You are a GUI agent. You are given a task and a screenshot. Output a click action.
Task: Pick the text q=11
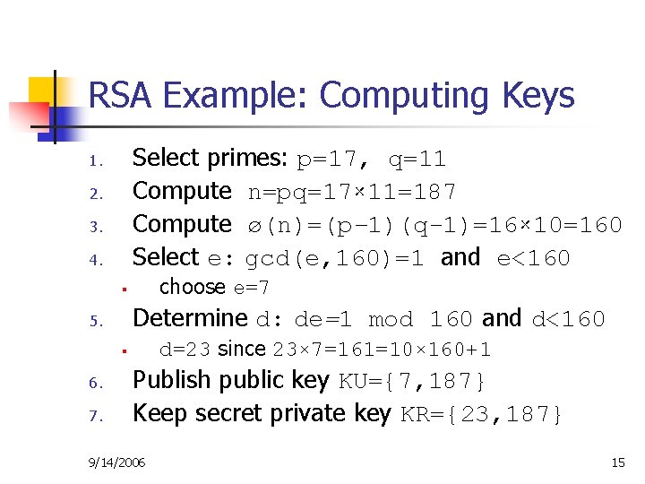click(417, 160)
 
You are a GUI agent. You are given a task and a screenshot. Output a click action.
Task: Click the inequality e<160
click(533, 258)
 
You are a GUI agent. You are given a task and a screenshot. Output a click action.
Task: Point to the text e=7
click(252, 288)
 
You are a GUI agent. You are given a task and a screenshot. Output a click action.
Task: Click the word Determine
click(189, 318)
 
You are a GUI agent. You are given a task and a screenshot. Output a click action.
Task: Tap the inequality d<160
click(569, 319)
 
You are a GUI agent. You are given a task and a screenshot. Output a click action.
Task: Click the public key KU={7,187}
click(413, 382)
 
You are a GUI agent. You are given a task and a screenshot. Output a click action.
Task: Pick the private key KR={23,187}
click(481, 414)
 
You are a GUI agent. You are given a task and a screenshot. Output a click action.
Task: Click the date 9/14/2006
click(118, 462)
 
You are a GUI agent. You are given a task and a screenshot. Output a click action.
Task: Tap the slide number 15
click(617, 462)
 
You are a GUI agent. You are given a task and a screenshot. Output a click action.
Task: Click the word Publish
click(169, 381)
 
